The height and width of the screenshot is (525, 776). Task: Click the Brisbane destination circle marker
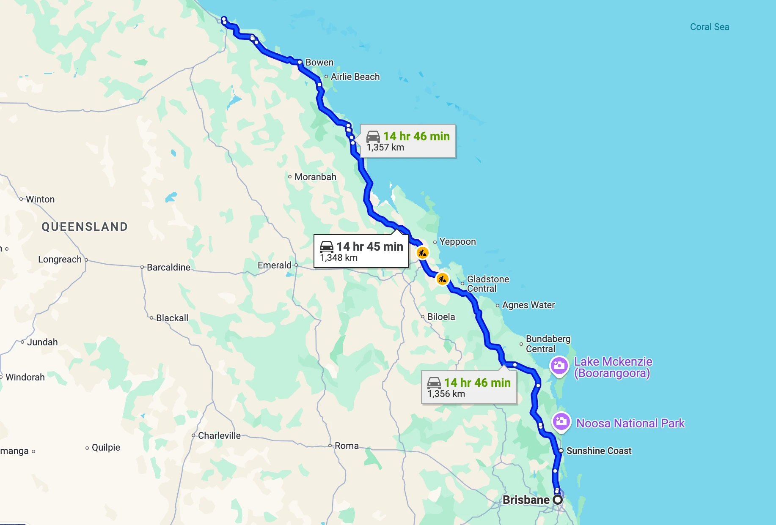coord(558,500)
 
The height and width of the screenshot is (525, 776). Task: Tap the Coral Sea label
coord(710,27)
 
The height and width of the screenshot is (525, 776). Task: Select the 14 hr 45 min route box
coord(361,252)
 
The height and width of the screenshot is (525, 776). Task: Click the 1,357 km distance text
coord(385,148)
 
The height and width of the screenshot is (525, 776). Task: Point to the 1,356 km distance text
coord(446,394)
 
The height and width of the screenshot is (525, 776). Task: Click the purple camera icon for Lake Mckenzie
coord(559,365)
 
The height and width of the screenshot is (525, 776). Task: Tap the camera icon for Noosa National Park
coord(561,421)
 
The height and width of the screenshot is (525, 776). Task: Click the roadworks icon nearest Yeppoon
coord(422,253)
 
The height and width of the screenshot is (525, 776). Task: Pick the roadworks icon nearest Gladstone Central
coord(442,279)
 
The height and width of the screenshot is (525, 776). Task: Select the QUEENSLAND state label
coord(85,227)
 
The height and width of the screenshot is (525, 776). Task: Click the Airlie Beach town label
coord(355,77)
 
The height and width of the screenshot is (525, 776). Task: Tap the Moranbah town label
coord(315,177)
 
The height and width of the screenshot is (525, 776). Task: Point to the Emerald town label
coord(274,265)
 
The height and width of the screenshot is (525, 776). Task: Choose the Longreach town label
coord(60,260)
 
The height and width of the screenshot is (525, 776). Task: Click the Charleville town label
coord(219,436)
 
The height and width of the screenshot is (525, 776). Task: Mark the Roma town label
coord(347,446)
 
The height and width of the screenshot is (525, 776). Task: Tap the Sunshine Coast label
coord(599,451)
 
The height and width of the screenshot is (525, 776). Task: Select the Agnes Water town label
coord(528,305)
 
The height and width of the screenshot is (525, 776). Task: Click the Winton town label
coord(40,200)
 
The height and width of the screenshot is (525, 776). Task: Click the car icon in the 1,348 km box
coord(326,246)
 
